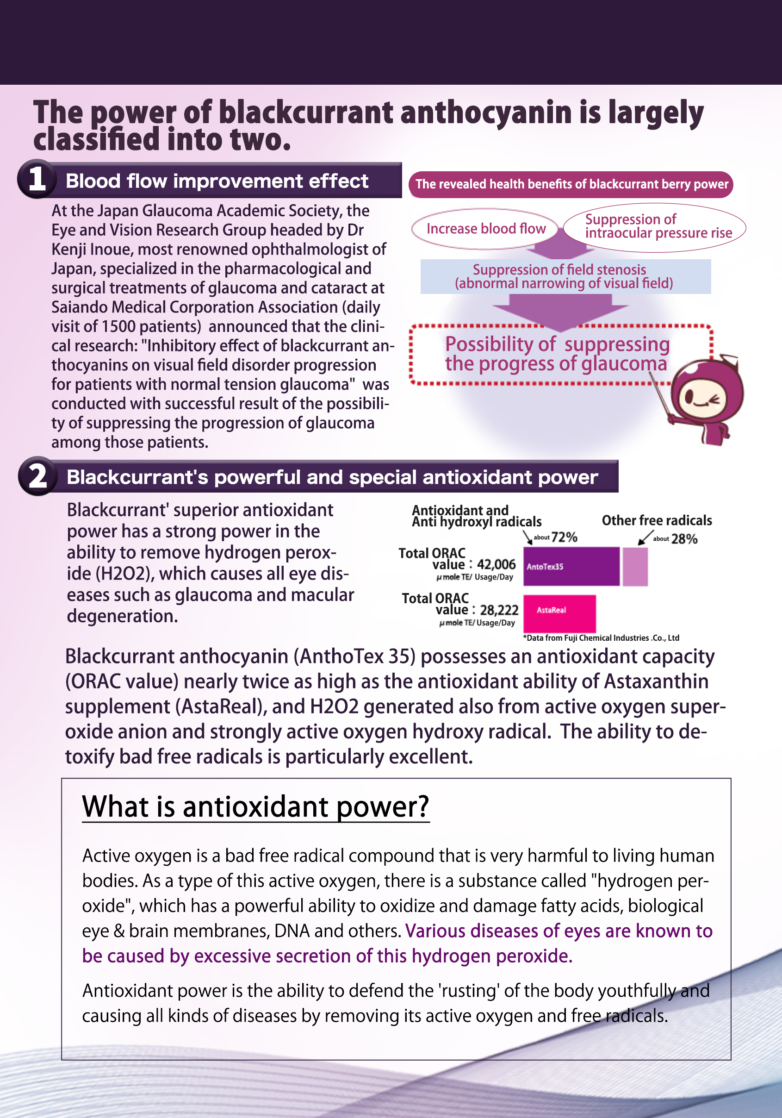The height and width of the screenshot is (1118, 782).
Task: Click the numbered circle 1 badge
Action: pyautogui.click(x=37, y=179)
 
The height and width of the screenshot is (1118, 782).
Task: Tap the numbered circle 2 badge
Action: pyautogui.click(x=38, y=476)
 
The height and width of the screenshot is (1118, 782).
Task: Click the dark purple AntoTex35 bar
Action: pyautogui.click(x=571, y=566)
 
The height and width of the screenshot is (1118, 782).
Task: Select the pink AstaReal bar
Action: pyautogui.click(x=559, y=612)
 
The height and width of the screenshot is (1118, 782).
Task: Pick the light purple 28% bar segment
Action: pyautogui.click(x=635, y=566)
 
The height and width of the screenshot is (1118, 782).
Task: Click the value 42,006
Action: pyautogui.click(x=496, y=564)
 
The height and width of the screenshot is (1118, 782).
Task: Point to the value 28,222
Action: pyautogui.click(x=499, y=610)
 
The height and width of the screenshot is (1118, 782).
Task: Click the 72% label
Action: pyautogui.click(x=564, y=537)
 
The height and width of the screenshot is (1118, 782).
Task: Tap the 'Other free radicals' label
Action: pyautogui.click(x=657, y=520)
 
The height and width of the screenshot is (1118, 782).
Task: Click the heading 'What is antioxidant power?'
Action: pyautogui.click(x=255, y=807)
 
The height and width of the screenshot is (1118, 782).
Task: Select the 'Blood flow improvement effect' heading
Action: pyautogui.click(x=217, y=181)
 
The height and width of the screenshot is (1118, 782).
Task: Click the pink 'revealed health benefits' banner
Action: pyautogui.click(x=571, y=185)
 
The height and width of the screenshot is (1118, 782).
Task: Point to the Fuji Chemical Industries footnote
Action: pyautogui.click(x=601, y=638)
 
